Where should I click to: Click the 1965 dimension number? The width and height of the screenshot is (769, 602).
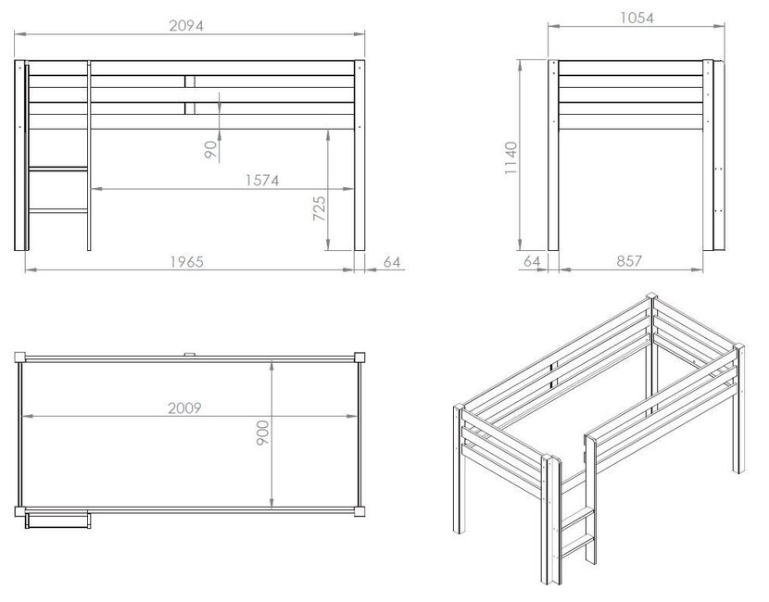point(186,262)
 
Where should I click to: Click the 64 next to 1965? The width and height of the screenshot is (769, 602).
point(392,262)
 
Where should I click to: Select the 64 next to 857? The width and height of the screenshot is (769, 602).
point(532,262)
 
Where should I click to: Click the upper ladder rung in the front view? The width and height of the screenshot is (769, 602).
point(58,169)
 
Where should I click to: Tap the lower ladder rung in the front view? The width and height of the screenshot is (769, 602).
point(58,214)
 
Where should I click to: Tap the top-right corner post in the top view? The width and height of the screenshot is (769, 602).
point(359,357)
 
